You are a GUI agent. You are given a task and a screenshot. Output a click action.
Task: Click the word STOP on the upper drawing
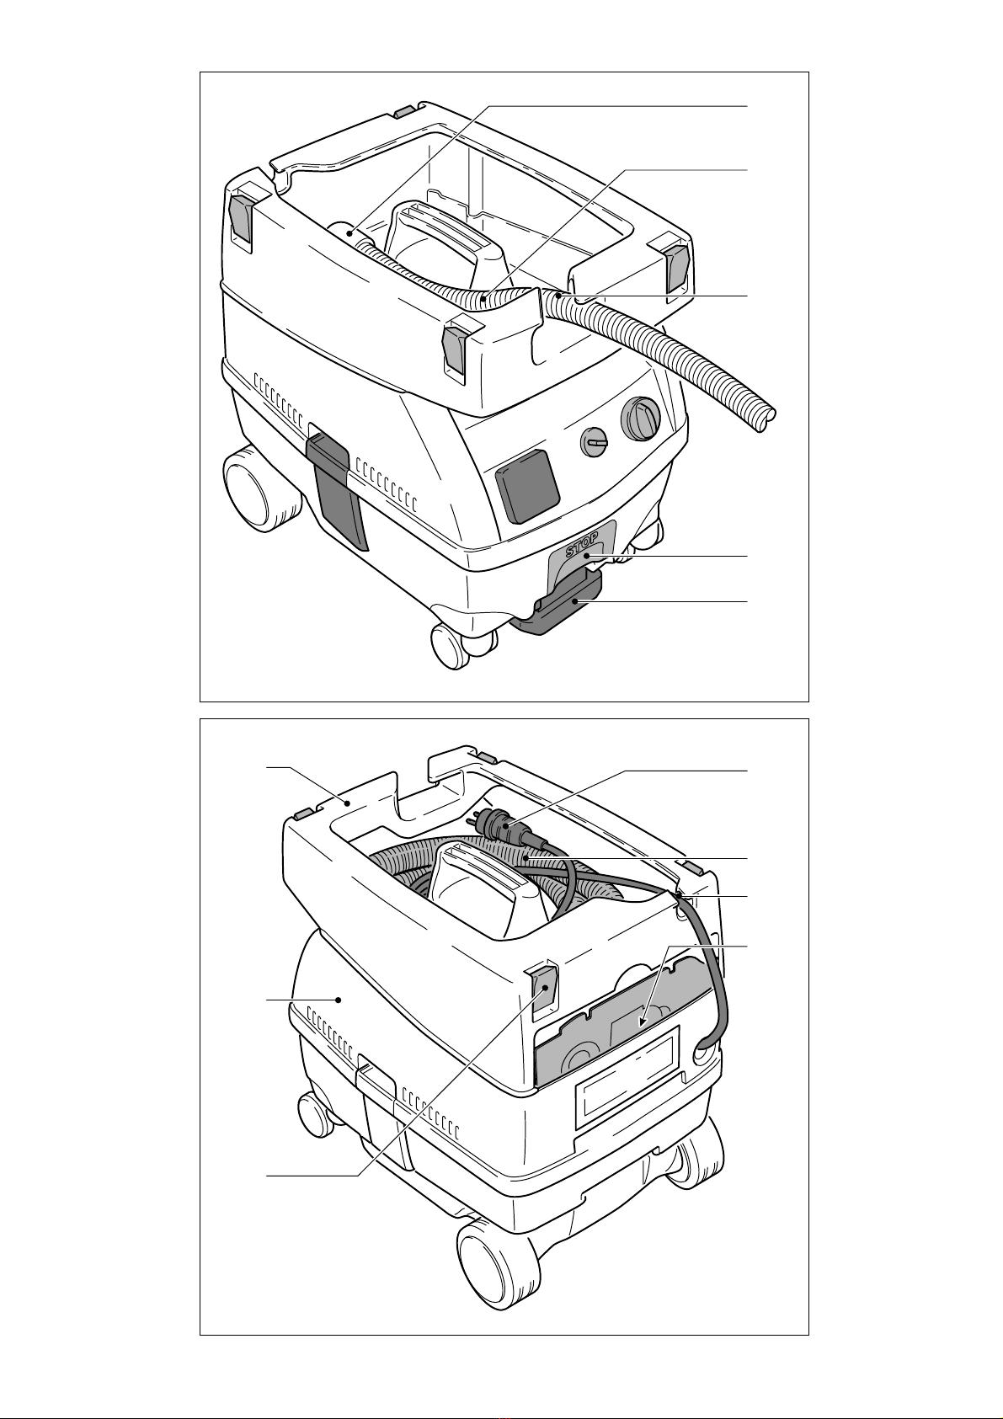click(582, 544)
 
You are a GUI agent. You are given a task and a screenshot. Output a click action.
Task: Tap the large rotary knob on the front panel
click(641, 419)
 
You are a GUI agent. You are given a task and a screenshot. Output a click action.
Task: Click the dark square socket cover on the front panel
click(528, 485)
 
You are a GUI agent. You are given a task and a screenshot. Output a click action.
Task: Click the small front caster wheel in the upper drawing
click(451, 646)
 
